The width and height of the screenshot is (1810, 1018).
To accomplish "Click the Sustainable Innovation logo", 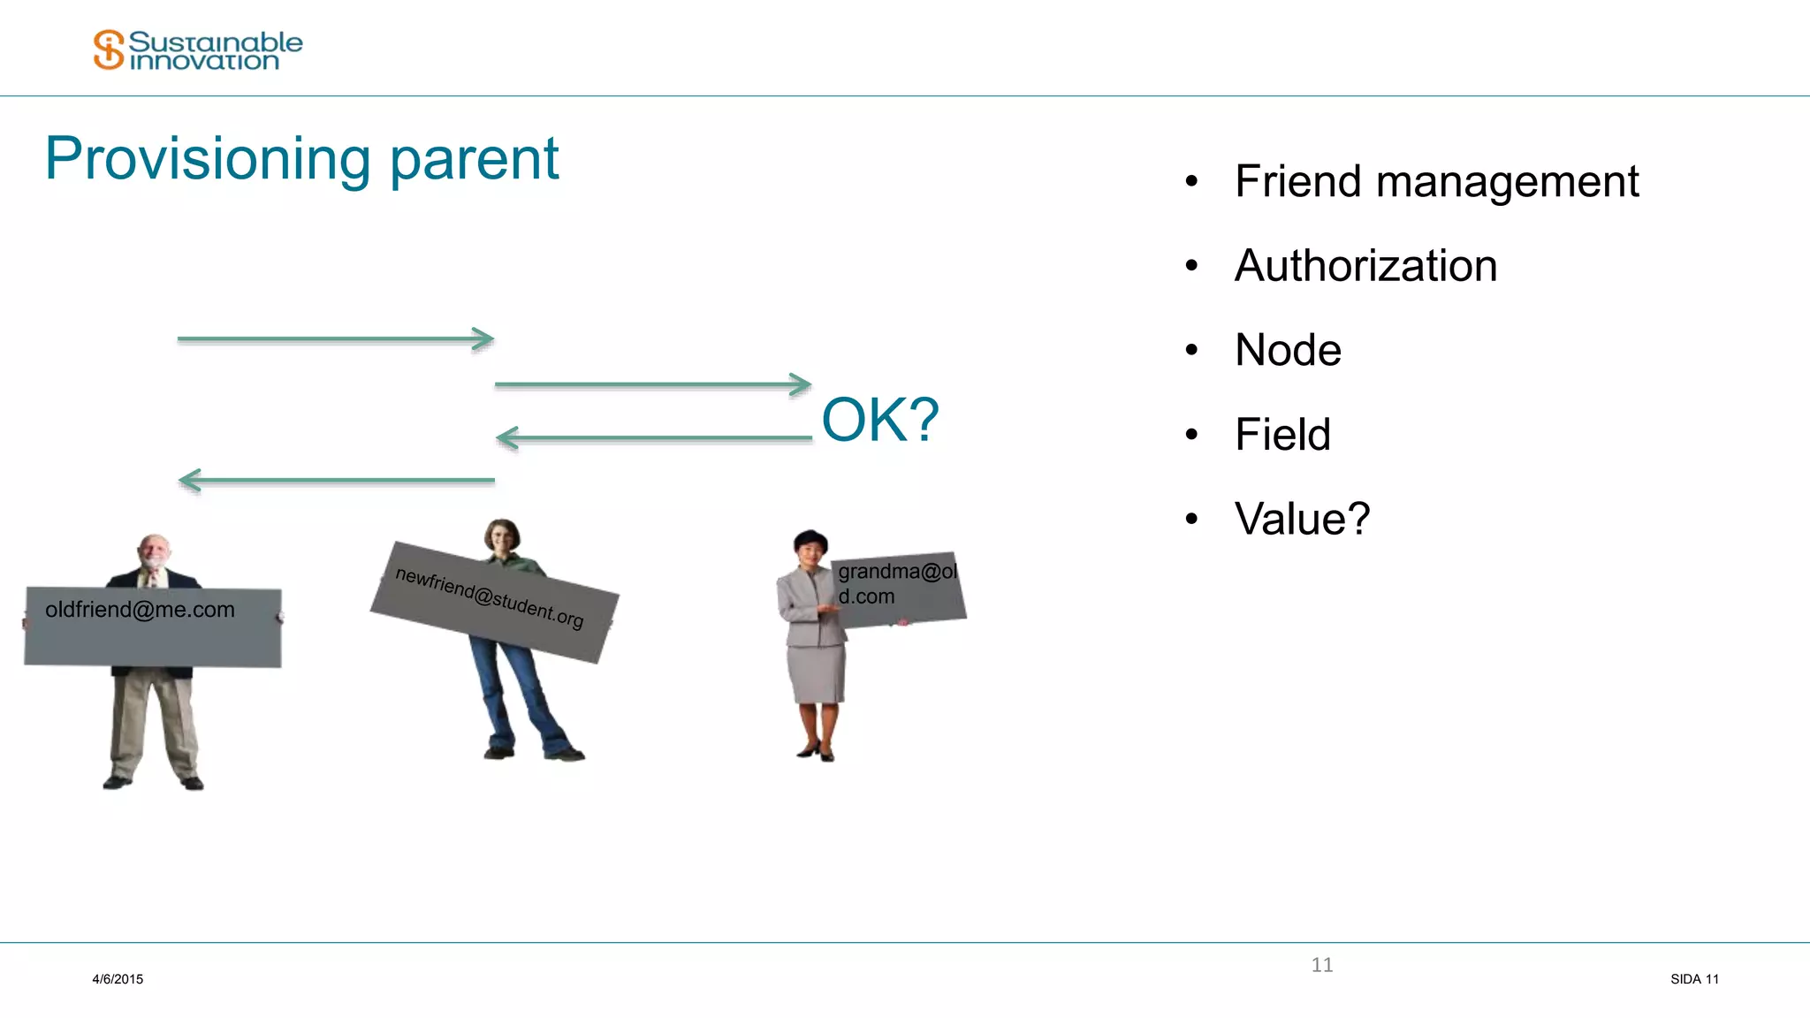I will tap(198, 50).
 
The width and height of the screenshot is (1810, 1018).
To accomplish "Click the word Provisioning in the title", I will tap(208, 159).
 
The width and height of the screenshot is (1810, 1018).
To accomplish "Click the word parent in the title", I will tap(475, 161).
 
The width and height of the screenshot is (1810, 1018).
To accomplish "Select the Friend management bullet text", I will tap(1436, 182).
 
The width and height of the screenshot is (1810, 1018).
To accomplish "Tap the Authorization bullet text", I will tap(1365, 266).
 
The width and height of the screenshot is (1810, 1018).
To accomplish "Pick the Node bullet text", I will tap(1288, 350).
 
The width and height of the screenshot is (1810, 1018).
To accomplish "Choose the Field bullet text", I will tap(1282, 435).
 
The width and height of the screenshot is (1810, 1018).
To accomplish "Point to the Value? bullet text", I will tap(1302, 519).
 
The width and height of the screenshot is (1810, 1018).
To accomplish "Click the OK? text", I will tap(880, 420).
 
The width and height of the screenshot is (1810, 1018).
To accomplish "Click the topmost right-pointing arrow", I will tap(336, 338).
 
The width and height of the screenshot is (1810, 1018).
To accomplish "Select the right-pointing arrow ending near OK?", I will tap(652, 384).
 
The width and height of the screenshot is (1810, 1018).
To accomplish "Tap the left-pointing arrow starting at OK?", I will tap(654, 437).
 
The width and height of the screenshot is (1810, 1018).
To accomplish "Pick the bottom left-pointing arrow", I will tap(336, 481).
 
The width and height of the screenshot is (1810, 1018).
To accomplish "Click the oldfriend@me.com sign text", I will tap(140, 610).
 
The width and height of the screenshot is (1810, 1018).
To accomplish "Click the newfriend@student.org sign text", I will tap(490, 598).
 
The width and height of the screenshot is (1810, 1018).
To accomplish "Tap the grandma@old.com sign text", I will tap(896, 583).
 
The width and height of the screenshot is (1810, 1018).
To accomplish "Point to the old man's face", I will tap(155, 552).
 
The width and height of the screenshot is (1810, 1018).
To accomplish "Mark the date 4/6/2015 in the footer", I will tap(118, 979).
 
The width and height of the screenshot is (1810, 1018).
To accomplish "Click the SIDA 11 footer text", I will tap(1694, 979).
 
